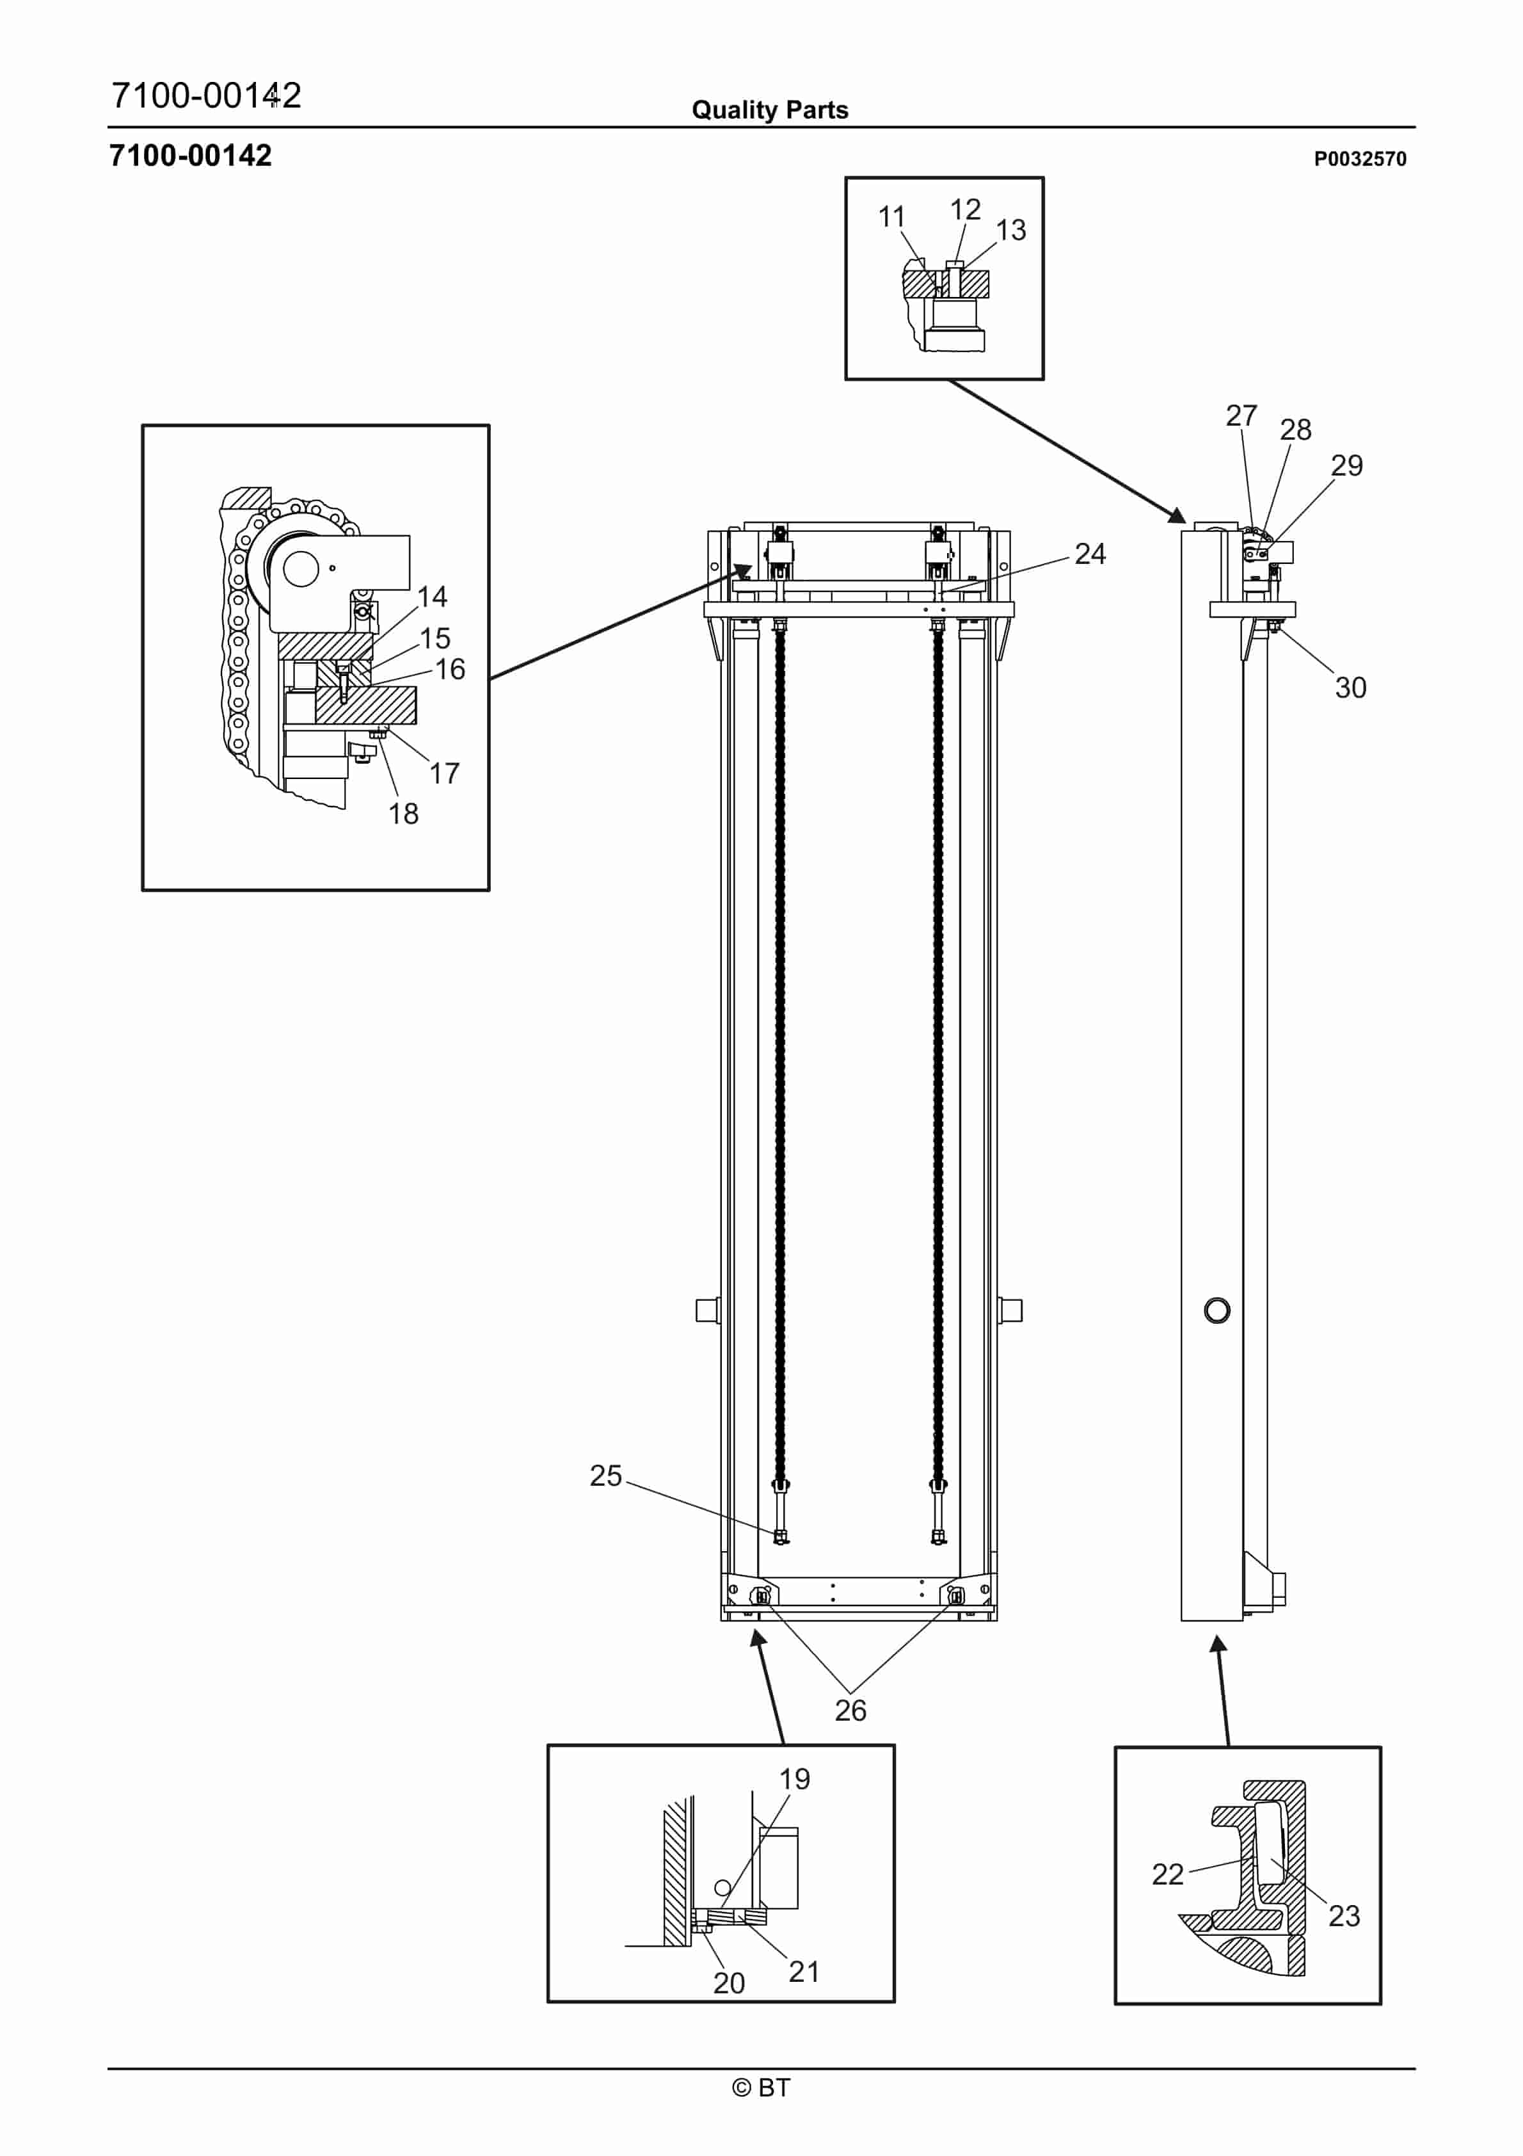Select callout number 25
(x=605, y=1476)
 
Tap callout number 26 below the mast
(x=850, y=1711)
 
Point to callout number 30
(x=1350, y=688)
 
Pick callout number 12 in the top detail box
(x=965, y=209)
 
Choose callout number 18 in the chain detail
(x=404, y=814)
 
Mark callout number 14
(x=432, y=597)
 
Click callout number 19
(x=794, y=1780)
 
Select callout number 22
(x=1167, y=1874)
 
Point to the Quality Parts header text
(x=770, y=111)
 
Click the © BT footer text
(x=761, y=2088)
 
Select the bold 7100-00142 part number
(x=191, y=156)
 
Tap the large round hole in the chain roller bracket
(x=301, y=568)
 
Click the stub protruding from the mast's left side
(x=707, y=1310)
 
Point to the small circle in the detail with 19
(x=722, y=1887)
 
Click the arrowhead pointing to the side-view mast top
(x=1177, y=515)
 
